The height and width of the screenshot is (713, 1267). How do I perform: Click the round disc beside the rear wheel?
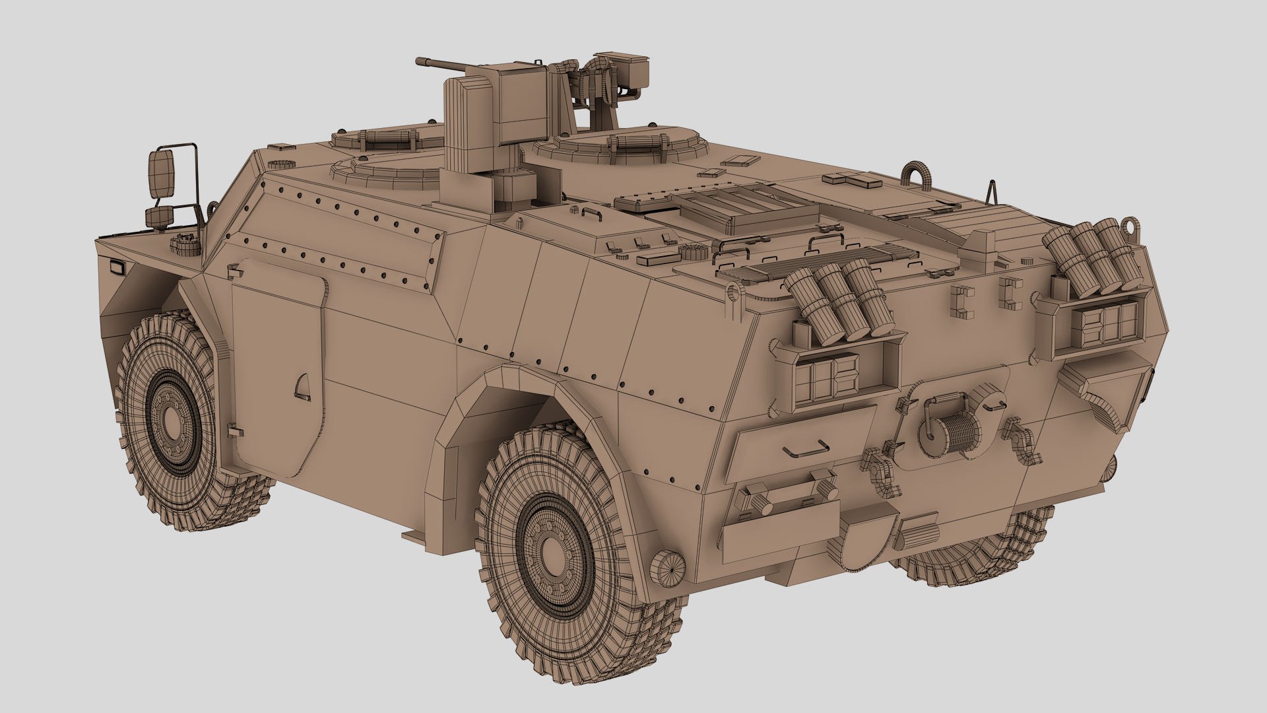click(666, 567)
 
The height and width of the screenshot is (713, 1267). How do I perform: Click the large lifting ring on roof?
click(916, 173)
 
